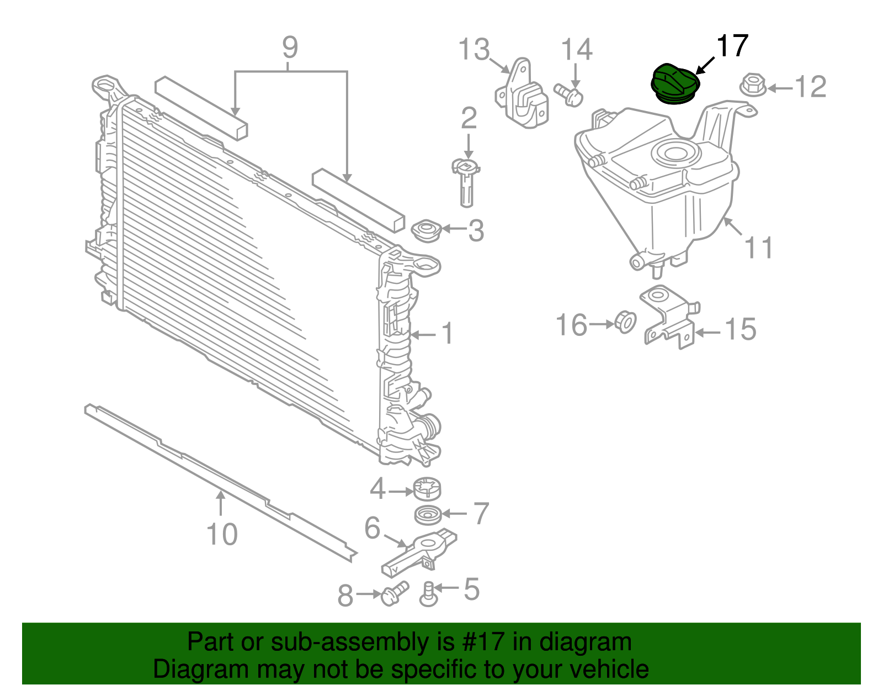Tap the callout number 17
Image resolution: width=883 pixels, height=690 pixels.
pyautogui.click(x=732, y=46)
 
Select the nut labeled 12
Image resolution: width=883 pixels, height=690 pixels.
pyautogui.click(x=752, y=85)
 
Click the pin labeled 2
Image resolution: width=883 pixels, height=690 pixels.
pyautogui.click(x=466, y=182)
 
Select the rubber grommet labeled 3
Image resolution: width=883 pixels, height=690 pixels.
pyautogui.click(x=427, y=230)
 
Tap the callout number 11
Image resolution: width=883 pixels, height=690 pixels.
pyautogui.click(x=759, y=247)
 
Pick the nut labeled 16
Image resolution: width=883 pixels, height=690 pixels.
pyautogui.click(x=625, y=322)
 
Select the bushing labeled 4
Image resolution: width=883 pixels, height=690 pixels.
pyautogui.click(x=428, y=488)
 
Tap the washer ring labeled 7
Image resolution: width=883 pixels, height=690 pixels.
pyautogui.click(x=428, y=515)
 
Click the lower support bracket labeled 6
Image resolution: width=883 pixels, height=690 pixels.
pyautogui.click(x=419, y=552)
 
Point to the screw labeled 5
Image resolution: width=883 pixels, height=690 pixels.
pyautogui.click(x=428, y=594)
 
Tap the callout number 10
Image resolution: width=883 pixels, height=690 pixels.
pyautogui.click(x=222, y=535)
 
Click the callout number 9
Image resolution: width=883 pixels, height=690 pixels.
pyautogui.click(x=290, y=48)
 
